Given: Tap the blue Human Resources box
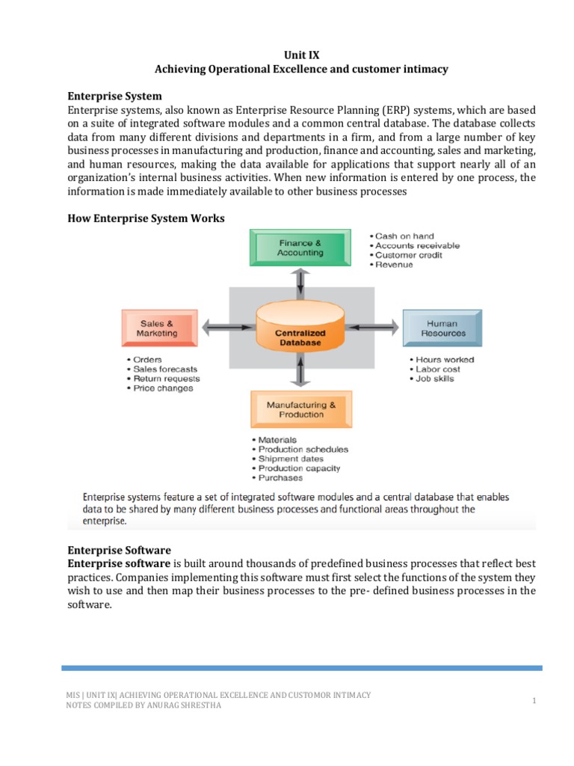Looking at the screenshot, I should [x=442, y=328].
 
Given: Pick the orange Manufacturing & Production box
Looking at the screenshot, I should [x=301, y=409].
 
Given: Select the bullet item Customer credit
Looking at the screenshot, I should [x=408, y=255].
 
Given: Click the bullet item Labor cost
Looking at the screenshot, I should [x=439, y=369].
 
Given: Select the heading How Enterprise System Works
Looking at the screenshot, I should [x=146, y=218].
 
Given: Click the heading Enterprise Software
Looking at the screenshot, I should [x=120, y=550].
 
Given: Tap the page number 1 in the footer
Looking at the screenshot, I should [x=535, y=700].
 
